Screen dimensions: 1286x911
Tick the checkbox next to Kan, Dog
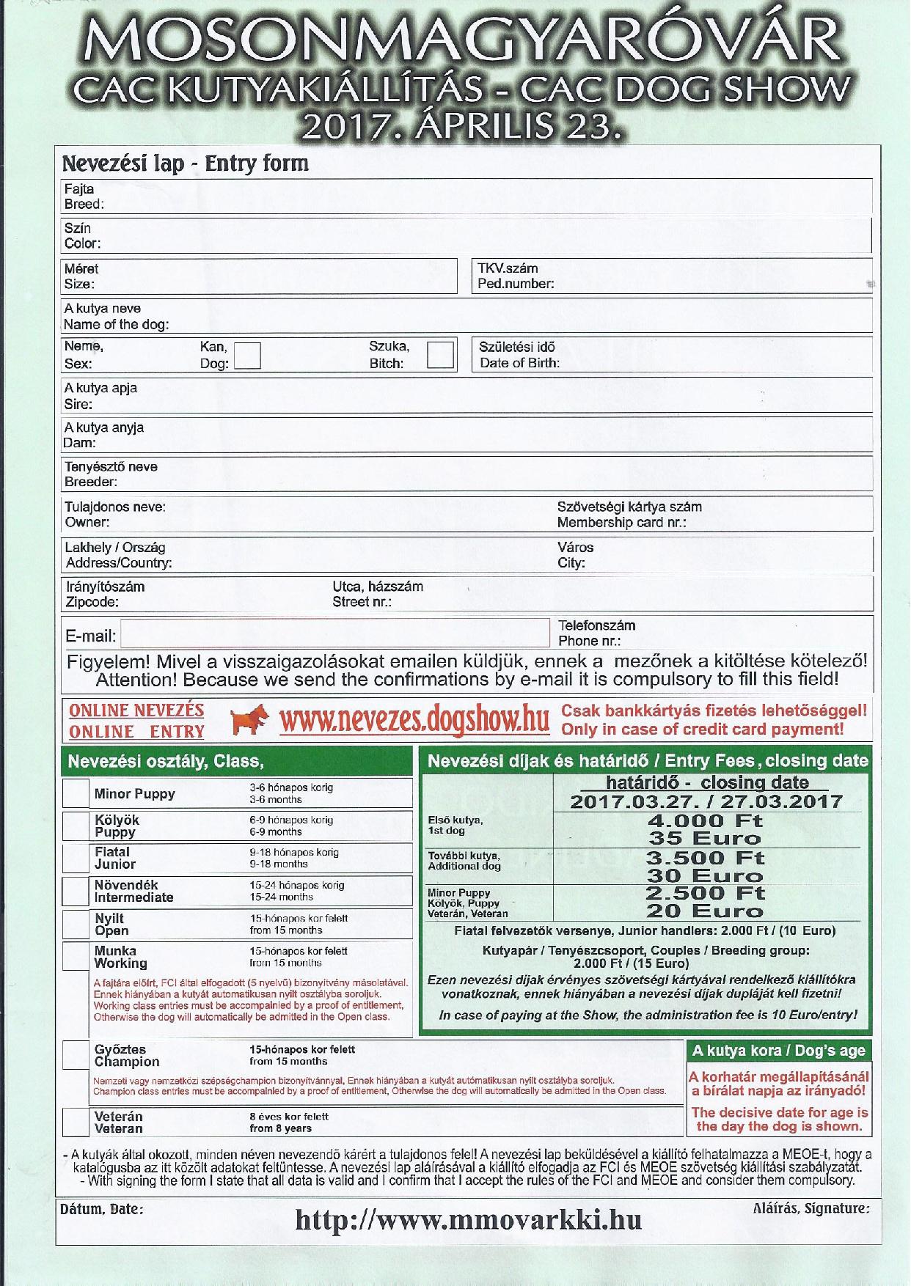(247, 356)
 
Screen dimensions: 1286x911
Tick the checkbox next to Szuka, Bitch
(440, 355)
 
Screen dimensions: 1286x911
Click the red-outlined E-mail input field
(334, 634)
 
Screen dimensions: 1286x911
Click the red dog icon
(249, 721)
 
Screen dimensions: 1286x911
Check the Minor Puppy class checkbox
(76, 793)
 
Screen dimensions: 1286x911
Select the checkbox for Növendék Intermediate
(76, 891)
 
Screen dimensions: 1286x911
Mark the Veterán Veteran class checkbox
(76, 1122)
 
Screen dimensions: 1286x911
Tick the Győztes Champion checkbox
(76, 1055)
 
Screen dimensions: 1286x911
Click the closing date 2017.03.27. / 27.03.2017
(706, 801)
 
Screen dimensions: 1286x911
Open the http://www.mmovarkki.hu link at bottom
(469, 1220)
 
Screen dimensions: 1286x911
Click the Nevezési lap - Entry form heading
(185, 163)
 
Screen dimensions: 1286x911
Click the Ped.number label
(516, 284)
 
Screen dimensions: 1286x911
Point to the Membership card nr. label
(621, 523)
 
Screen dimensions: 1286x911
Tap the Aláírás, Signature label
(811, 1208)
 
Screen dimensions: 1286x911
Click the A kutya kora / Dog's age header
(778, 1051)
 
